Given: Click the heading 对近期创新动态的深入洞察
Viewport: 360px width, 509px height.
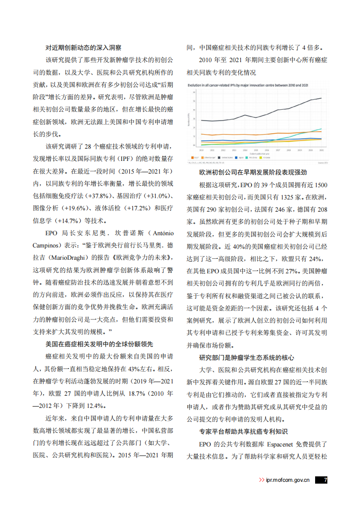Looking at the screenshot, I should point(83,48).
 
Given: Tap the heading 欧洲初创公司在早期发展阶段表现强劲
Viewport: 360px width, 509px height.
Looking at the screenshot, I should point(253,172).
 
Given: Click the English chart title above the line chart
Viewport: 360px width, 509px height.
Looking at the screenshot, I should point(242,85).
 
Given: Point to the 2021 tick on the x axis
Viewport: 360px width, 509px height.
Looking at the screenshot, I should point(321,150).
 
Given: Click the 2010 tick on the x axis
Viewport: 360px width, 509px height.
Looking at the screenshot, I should point(201,150).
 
